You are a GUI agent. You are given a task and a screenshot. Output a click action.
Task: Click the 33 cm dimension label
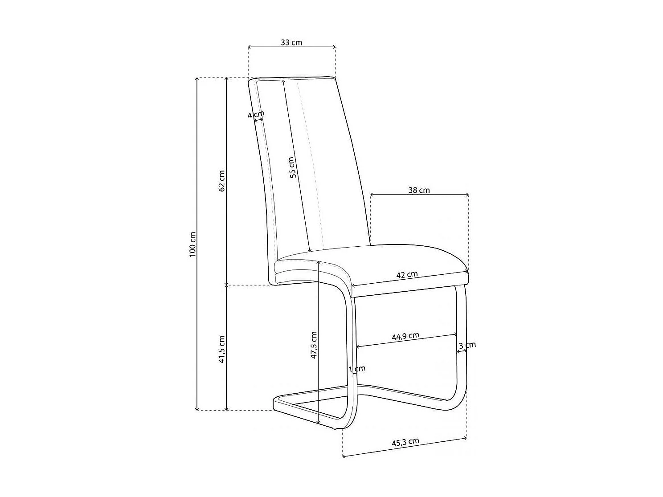click(x=291, y=42)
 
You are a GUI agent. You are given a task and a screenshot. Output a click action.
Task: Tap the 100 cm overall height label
click(x=192, y=244)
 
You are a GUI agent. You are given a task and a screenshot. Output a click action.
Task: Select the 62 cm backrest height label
click(x=222, y=181)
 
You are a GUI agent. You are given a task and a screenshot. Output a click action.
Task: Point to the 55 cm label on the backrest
click(x=292, y=167)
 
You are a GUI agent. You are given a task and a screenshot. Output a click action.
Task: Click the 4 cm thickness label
click(x=256, y=115)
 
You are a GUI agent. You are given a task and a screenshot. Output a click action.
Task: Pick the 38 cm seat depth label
click(x=419, y=190)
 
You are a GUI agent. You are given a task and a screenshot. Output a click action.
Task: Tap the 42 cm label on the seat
click(x=407, y=274)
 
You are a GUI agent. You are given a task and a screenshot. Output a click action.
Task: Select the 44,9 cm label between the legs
click(x=405, y=336)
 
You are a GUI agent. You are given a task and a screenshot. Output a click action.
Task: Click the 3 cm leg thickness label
click(x=467, y=345)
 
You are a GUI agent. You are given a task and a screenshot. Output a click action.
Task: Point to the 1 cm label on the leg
click(x=357, y=369)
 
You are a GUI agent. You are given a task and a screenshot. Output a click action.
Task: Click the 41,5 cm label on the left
click(x=222, y=349)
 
